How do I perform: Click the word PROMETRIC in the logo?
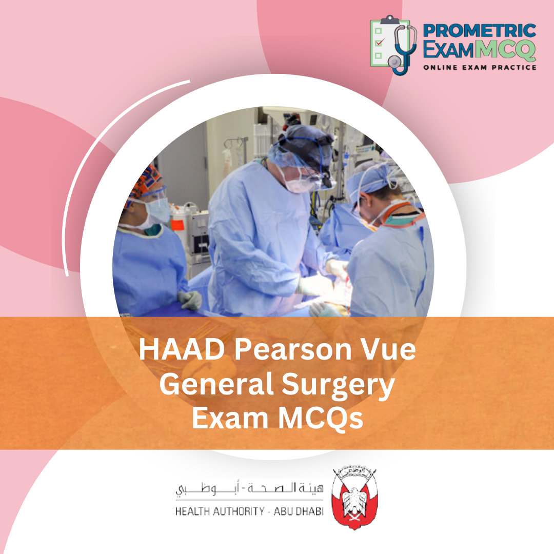[479, 30]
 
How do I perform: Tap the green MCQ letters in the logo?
[505, 50]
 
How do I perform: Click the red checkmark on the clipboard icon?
[379, 43]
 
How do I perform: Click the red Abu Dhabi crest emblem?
[354, 498]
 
